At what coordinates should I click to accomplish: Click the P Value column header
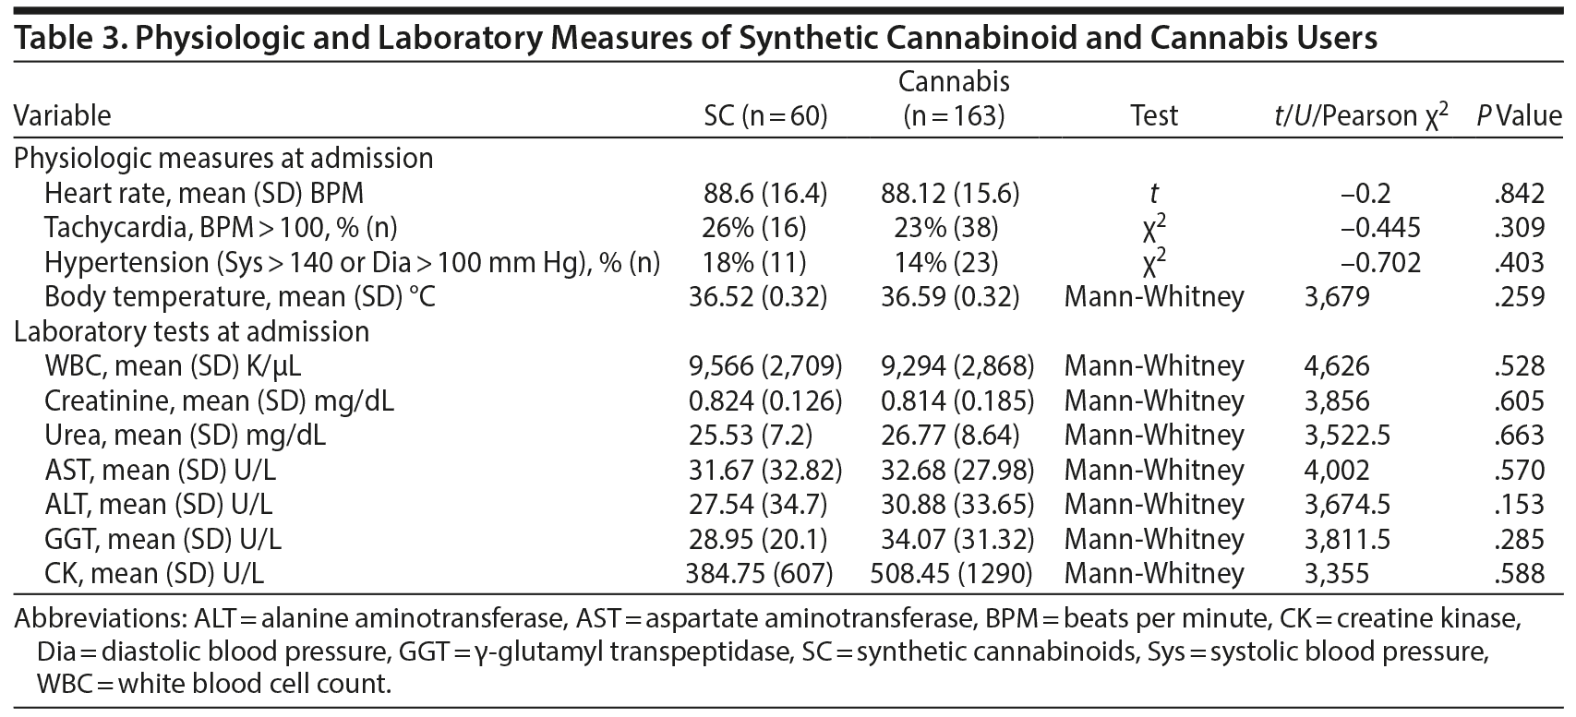[x=1518, y=115]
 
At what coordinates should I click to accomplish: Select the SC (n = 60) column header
[x=765, y=115]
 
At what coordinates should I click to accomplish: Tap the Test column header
[x=1153, y=115]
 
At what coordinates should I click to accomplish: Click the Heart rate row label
[x=204, y=194]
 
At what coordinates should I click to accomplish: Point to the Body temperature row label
[x=239, y=297]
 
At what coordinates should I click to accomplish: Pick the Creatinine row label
[x=220, y=401]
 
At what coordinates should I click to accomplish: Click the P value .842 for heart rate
[x=1518, y=194]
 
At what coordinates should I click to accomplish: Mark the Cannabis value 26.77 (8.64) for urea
[x=952, y=436]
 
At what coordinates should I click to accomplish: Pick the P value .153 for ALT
[x=1518, y=505]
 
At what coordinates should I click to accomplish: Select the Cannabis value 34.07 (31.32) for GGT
[x=952, y=540]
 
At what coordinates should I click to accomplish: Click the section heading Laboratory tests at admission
[x=191, y=332]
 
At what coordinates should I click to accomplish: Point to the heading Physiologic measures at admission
[x=223, y=159]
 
